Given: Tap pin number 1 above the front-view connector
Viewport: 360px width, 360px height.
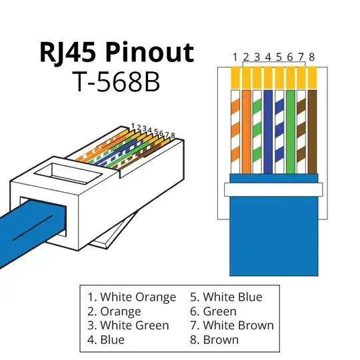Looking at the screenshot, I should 235,58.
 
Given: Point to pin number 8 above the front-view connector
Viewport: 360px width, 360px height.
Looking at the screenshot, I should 312,58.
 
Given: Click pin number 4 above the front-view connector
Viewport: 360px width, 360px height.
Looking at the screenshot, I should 268,58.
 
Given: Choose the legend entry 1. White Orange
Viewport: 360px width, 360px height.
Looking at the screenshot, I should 131,297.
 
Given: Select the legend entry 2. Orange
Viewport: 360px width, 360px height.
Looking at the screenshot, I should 114,311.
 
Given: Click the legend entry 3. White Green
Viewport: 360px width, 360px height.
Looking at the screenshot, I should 128,325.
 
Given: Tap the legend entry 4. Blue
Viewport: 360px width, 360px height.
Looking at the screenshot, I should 107,339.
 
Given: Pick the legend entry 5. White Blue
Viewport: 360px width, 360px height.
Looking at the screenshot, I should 226,297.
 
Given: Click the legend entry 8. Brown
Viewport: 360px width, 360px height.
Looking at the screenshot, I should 214,339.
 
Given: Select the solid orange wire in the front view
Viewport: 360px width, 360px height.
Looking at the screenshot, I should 246,133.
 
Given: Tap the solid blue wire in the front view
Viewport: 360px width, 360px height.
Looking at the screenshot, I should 268,133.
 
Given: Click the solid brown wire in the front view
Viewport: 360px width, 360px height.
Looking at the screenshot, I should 312,133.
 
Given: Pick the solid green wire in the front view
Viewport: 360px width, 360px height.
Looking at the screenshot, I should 290,133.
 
